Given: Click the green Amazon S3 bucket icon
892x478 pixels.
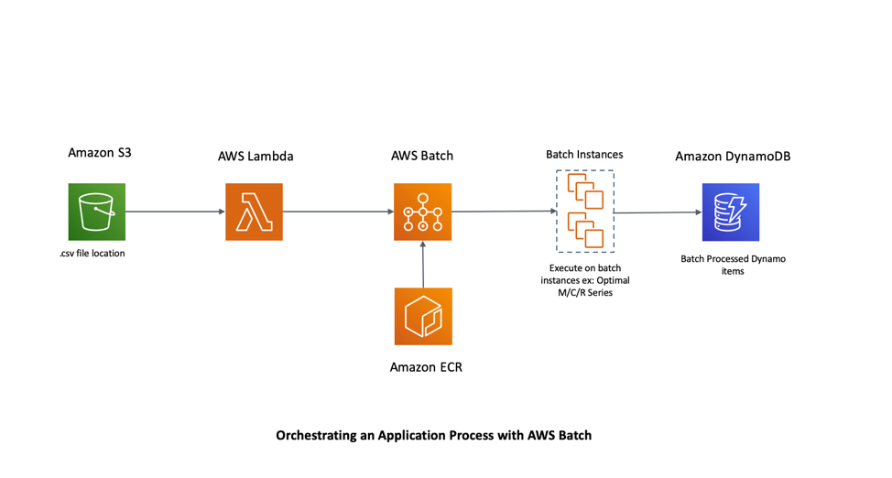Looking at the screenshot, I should click(96, 212).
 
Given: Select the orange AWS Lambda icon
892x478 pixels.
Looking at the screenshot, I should click(254, 212).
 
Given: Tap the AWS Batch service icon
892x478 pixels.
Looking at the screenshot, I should click(422, 212).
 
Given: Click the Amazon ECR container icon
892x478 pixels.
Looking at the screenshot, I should click(422, 316).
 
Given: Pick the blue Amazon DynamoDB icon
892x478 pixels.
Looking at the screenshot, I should click(730, 212).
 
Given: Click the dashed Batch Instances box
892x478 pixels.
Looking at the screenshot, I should click(584, 212).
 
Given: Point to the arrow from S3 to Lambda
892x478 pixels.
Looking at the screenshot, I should click(174, 212).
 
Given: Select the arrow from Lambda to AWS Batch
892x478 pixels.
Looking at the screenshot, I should click(338, 212).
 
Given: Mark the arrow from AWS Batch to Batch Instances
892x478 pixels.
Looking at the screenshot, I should click(504, 212).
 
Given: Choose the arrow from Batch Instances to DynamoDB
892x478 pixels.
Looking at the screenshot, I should click(658, 212).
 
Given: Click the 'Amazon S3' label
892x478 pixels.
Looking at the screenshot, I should click(100, 152).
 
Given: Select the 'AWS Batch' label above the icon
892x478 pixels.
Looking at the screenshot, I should click(422, 156).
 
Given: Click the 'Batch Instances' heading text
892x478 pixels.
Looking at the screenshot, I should click(584, 154).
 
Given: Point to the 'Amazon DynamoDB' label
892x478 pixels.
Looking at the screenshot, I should click(733, 156).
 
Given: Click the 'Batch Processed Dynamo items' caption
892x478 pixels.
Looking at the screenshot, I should click(733, 265).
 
